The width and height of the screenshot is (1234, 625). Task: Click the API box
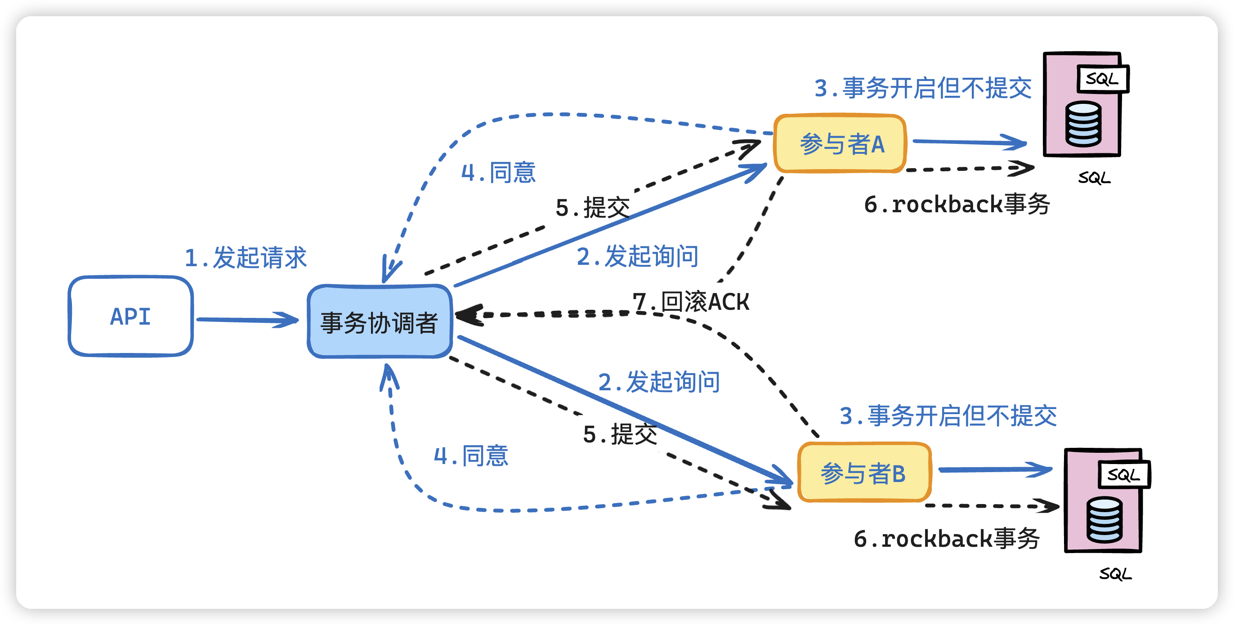pos(130,316)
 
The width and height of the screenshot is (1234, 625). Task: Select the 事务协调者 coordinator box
pos(380,322)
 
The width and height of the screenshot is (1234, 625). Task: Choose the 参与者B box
pos(864,473)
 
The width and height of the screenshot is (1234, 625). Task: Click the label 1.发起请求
pos(245,258)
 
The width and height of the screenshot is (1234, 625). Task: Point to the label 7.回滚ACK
pos(691,302)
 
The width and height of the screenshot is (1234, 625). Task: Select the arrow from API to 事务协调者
pos(247,319)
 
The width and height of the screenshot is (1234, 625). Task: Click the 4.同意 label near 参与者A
pos(498,172)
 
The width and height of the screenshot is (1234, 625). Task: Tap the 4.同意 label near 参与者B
pos(471,455)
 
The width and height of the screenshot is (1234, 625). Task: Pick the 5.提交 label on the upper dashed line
pos(593,208)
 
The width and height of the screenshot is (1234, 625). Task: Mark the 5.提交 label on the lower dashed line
pos(620,434)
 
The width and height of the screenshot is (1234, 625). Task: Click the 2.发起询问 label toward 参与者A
pos(637,256)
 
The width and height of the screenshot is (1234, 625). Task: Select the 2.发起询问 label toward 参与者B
pos(659,382)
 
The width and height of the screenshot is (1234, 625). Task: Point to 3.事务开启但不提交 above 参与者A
pos(923,88)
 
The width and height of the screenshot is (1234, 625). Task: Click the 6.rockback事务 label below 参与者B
pos(947,538)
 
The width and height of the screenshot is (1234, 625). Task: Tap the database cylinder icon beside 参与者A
pos(1083,124)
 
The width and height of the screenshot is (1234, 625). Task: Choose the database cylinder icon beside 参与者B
pos(1104,520)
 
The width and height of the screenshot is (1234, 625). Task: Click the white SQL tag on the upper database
pos(1102,79)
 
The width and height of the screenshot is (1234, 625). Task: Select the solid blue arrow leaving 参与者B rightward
pos(994,469)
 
